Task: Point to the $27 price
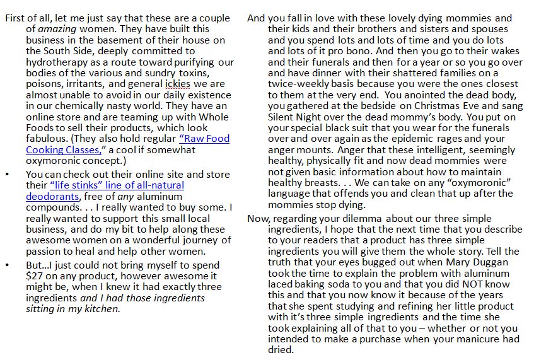coord(35,276)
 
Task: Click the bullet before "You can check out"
coord(8,175)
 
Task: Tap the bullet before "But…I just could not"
coord(8,265)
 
